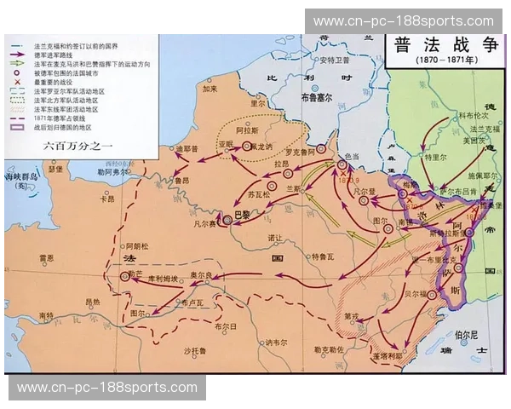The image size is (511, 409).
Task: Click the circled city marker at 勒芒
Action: coord(125,276)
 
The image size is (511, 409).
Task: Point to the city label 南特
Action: coord(49,316)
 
